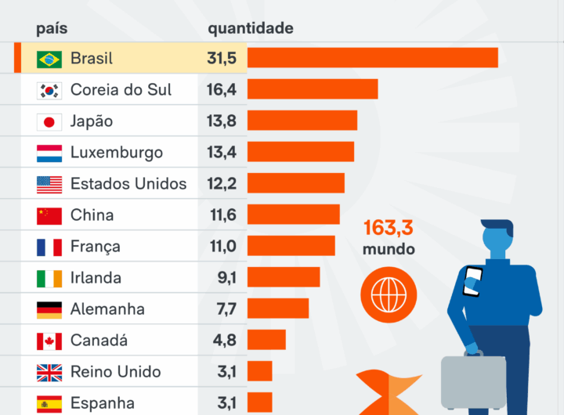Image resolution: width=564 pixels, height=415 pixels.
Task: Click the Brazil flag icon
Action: pos(49,59)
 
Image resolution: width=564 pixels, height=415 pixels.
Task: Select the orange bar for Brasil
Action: pos(373,58)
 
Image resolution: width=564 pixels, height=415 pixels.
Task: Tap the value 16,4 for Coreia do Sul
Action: pos(222,90)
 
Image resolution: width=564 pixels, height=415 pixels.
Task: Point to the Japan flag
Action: pos(49,121)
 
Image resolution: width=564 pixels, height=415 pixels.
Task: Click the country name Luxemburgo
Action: pos(117,153)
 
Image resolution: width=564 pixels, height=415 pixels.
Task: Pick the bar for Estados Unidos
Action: pos(296,183)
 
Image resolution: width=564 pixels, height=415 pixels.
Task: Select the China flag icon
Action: pos(49,215)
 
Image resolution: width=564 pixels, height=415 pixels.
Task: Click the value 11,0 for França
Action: pos(222,247)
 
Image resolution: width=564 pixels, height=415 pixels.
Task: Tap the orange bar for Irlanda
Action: pos(284,277)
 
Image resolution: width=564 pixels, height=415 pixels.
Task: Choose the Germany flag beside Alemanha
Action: pos(49,309)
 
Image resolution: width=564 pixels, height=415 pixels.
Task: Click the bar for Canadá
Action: pos(266,340)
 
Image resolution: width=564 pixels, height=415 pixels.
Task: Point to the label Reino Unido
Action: pos(115,372)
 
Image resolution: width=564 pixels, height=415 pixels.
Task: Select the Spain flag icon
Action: pos(49,403)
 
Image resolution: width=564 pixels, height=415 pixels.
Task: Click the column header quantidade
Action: pos(251,29)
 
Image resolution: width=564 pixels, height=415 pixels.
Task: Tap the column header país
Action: pos(52,29)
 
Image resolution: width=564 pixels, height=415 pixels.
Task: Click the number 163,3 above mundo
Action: pos(388,229)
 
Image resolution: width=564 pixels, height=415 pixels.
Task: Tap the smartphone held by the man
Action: pos(472,281)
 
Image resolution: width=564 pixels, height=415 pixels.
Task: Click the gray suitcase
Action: pos(473,381)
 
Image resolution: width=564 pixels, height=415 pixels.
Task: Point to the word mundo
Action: pos(388,251)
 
